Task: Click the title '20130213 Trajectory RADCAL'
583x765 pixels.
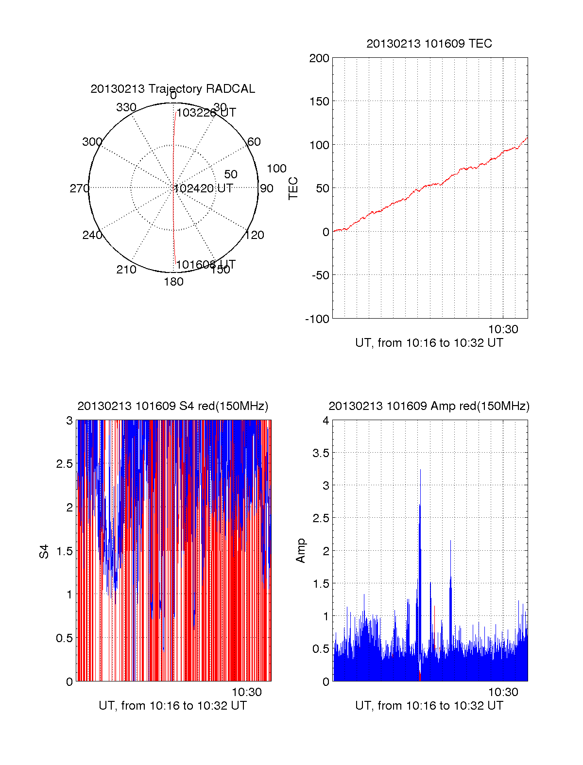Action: (x=172, y=89)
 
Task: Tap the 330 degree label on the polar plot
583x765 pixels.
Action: (x=126, y=107)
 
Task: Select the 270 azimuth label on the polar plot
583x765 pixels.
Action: (x=79, y=188)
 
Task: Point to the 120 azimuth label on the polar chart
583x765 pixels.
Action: (x=255, y=235)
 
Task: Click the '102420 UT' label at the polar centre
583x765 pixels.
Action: (x=203, y=188)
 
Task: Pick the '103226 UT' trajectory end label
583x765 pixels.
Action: (x=206, y=113)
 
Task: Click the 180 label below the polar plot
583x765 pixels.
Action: (x=173, y=282)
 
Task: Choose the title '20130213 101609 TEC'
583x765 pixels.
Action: (x=429, y=44)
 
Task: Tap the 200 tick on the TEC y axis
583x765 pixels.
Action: (x=319, y=58)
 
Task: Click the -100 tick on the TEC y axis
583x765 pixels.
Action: (x=317, y=319)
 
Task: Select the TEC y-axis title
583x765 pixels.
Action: (x=293, y=188)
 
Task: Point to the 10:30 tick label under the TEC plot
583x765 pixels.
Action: (x=503, y=329)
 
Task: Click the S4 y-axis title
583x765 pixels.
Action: (x=44, y=551)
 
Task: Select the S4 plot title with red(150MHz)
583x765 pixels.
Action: (x=172, y=406)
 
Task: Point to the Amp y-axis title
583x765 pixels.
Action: (x=301, y=551)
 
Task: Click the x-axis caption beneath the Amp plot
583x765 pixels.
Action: (x=429, y=706)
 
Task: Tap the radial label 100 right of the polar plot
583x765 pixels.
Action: (x=276, y=169)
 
